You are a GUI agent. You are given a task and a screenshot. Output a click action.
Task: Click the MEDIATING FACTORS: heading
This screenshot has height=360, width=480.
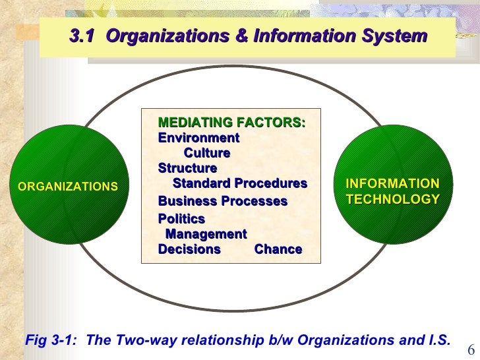[231, 122]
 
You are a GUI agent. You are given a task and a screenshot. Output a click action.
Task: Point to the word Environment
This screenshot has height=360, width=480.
[198, 138]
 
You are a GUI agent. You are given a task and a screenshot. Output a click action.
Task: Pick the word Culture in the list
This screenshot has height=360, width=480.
[206, 153]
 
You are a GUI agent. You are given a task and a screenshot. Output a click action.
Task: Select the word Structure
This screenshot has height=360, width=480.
[187, 168]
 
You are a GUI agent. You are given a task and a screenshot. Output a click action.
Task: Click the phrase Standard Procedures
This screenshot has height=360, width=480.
[239, 183]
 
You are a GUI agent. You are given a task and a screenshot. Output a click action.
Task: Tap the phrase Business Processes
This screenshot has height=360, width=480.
[222, 200]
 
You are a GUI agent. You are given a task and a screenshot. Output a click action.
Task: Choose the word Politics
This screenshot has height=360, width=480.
[181, 218]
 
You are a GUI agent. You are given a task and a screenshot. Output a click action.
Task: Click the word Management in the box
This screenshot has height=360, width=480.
[206, 233]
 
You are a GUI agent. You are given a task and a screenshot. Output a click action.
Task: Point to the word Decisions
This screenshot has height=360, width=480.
[189, 249]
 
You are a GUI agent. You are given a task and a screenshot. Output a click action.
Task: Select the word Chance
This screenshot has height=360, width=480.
[278, 249]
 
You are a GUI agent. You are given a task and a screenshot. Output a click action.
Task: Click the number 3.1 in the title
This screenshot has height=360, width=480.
[82, 37]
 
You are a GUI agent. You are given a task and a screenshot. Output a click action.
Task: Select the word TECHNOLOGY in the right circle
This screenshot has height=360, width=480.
[392, 199]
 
